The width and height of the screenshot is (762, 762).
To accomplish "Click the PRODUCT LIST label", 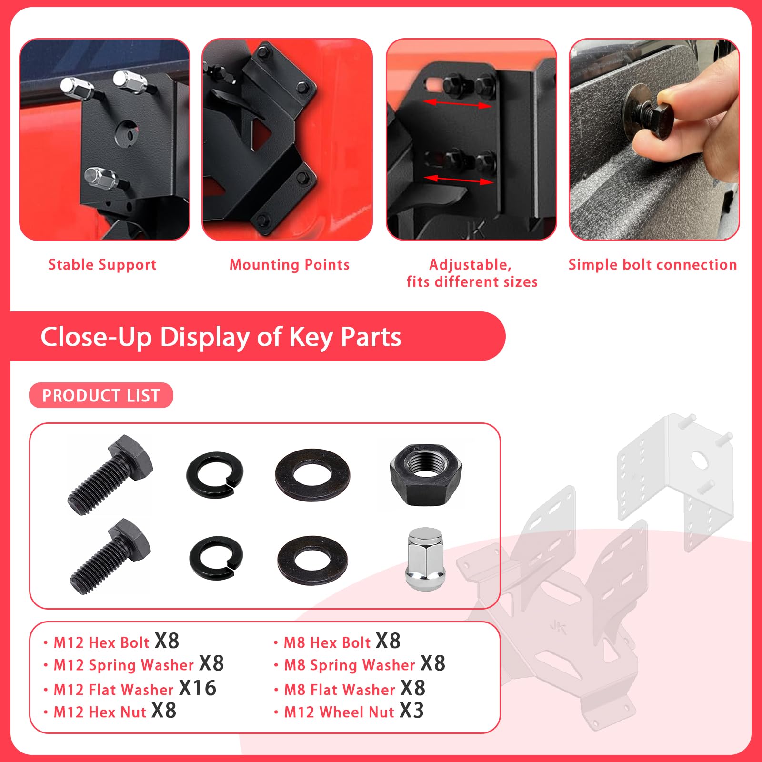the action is coord(101,396).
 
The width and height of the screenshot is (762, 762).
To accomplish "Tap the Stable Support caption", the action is coord(102,265).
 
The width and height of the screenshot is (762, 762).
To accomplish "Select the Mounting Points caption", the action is coord(290,265).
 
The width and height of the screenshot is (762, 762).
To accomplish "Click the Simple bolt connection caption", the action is coord(652,265).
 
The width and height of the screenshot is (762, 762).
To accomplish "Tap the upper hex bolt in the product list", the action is coord(110,475).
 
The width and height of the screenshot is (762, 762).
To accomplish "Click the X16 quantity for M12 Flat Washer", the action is coord(198,688).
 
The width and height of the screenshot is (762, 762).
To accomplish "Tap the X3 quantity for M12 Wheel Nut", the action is coord(411,711).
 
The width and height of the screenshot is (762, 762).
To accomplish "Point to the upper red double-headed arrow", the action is coord(457,104).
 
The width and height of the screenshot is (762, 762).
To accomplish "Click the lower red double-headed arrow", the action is coord(458,180).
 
